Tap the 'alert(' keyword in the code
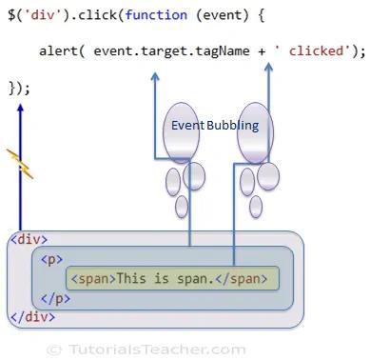pos(64,51)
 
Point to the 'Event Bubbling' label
pos(215,126)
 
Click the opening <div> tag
pos(28,238)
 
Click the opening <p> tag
pos(51,258)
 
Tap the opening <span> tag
pos(93,278)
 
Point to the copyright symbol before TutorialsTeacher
pos(54,350)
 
